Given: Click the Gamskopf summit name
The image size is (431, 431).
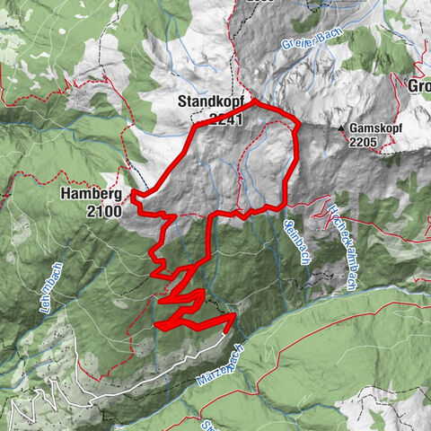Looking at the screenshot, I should [x=377, y=128].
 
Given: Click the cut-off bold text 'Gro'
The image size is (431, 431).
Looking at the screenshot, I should [x=418, y=87].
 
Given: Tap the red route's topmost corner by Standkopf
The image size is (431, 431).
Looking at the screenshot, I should [x=255, y=101].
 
